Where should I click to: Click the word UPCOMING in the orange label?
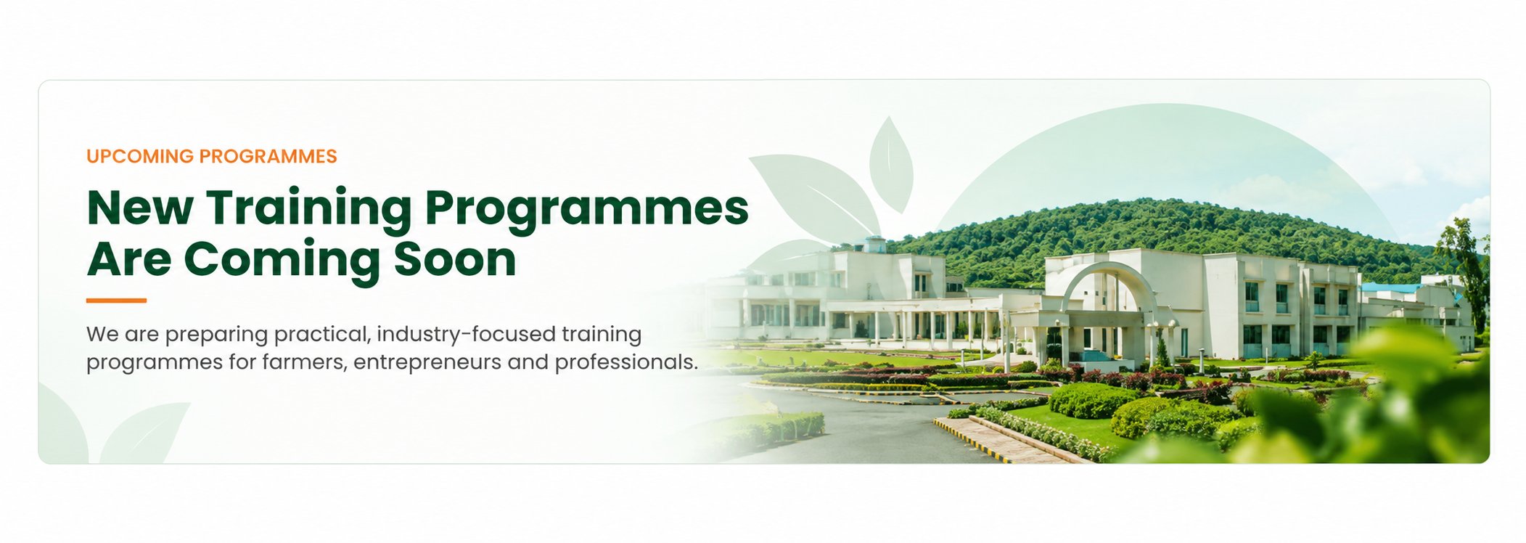coord(140,157)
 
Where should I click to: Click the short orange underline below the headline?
coord(116,300)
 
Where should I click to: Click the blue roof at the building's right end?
coord(1390,288)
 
